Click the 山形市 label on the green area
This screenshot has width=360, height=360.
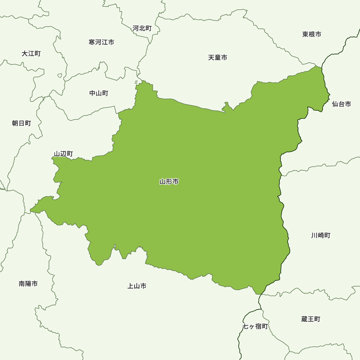[x=169, y=182]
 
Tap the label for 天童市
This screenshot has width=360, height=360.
[x=217, y=58]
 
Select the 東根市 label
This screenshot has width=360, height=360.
[x=312, y=35]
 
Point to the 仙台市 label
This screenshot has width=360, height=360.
[x=341, y=104]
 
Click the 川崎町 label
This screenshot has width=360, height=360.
[x=321, y=235]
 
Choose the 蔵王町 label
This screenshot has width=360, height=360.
[x=311, y=319]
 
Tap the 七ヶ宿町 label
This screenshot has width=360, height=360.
[x=255, y=327]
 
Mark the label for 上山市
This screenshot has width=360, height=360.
[x=137, y=286]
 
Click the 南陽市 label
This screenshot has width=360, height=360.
[x=28, y=284]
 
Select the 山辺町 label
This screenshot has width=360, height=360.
[x=63, y=154]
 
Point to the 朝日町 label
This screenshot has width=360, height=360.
[x=22, y=123]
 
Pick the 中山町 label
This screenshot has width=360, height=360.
[x=99, y=93]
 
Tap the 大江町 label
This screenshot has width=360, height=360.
[x=31, y=54]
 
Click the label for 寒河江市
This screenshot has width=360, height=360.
[x=102, y=42]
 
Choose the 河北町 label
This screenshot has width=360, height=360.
[x=142, y=28]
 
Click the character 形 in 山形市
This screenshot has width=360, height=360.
[x=169, y=182]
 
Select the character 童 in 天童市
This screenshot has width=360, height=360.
[x=217, y=58]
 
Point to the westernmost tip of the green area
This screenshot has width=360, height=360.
[x=30, y=210]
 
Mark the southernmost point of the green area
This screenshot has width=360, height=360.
[x=258, y=294]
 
